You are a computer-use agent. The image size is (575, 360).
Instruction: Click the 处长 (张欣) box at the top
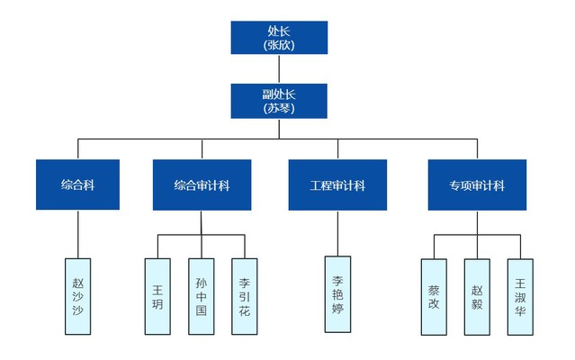tap(279, 37)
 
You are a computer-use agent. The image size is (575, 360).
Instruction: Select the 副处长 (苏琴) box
tap(279, 101)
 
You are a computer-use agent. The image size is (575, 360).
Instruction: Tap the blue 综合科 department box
tap(78, 184)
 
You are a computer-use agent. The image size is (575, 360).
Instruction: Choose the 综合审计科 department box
tap(202, 184)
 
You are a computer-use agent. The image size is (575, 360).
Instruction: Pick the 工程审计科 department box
tap(337, 184)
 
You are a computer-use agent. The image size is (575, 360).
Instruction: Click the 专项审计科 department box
tap(477, 184)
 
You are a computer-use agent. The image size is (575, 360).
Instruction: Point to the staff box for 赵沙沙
tap(78, 296)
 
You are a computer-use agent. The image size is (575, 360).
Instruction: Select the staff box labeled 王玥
tap(157, 296)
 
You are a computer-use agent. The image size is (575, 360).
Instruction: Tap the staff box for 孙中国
tap(201, 296)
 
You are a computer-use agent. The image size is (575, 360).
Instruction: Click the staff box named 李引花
tap(244, 296)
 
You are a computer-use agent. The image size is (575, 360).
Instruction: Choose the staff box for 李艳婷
tap(337, 294)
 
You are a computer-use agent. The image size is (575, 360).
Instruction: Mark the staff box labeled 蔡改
tap(435, 296)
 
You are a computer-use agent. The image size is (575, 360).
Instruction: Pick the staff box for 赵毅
tap(477, 296)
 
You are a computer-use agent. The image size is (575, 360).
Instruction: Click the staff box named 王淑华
tap(520, 296)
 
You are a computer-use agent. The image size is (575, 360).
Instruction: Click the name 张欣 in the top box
tap(279, 44)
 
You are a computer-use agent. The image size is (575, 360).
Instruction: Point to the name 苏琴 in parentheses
tap(279, 108)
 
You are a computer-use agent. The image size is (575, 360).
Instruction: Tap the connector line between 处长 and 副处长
tap(279, 68)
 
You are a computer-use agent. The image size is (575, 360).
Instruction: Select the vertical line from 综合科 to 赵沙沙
tap(78, 234)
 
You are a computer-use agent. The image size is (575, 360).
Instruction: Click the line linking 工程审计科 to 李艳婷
tap(337, 233)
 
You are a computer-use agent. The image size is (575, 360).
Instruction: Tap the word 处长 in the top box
tap(279, 31)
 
